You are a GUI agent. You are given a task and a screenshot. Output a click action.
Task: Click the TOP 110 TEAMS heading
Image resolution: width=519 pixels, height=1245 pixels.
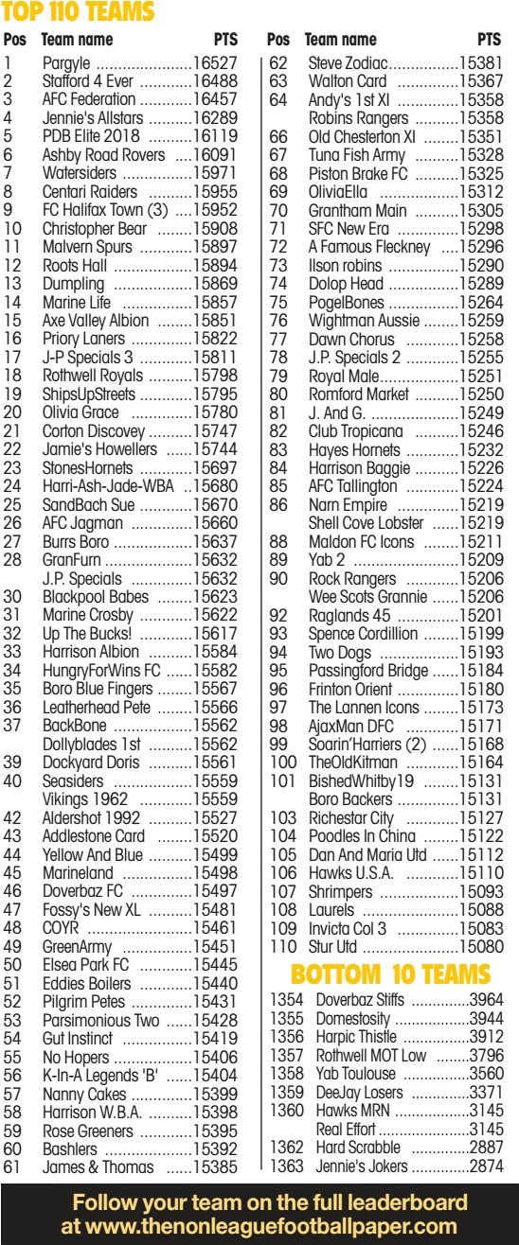click(78, 12)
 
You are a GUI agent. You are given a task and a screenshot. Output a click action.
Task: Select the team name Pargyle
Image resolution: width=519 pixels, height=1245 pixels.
click(66, 62)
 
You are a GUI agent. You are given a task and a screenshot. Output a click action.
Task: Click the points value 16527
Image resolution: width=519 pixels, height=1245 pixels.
click(215, 62)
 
